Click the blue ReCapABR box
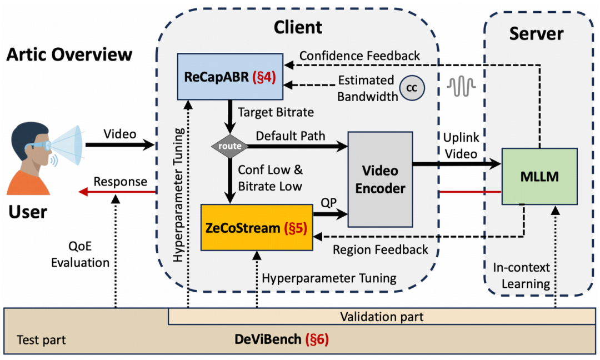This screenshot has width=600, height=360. pyautogui.click(x=230, y=77)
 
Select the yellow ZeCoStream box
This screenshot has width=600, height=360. pyautogui.click(x=257, y=228)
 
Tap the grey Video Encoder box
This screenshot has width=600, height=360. pyautogui.click(x=380, y=179)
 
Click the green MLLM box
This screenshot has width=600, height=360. pyautogui.click(x=539, y=176)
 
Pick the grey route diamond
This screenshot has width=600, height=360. pyautogui.click(x=229, y=146)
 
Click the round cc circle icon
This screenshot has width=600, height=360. pyautogui.click(x=412, y=88)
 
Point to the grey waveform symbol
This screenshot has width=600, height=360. pyautogui.click(x=462, y=86)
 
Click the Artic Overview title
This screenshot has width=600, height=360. pyautogui.click(x=69, y=54)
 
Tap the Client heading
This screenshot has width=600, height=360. pyautogui.click(x=298, y=28)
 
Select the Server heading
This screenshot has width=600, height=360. pyautogui.click(x=536, y=34)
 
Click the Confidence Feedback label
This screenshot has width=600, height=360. pyautogui.click(x=359, y=56)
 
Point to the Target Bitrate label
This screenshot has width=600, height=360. pyautogui.click(x=276, y=112)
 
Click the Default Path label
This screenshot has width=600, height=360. pyautogui.click(x=291, y=136)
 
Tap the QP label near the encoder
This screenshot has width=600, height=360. pyautogui.click(x=329, y=203)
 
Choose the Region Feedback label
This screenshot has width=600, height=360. pyautogui.click(x=381, y=249)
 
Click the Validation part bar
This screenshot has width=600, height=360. pyautogui.click(x=382, y=317)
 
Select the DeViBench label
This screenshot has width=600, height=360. pyautogui.click(x=282, y=339)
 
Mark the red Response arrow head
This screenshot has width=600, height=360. pyautogui.click(x=83, y=191)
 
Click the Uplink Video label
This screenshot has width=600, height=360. pyautogui.click(x=461, y=146)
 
